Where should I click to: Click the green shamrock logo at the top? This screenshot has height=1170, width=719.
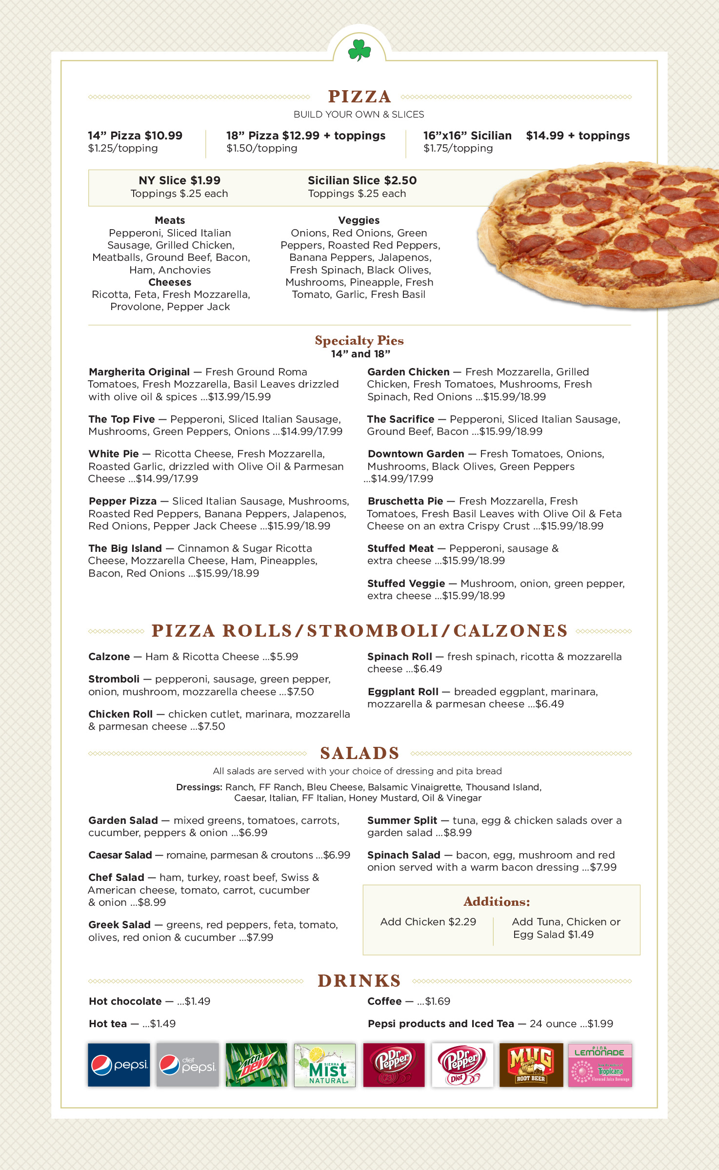[359, 50]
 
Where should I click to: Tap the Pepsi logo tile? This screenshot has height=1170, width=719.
[119, 1065]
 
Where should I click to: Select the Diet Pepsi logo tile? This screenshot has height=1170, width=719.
[187, 1065]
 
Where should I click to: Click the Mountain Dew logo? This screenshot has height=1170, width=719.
[256, 1065]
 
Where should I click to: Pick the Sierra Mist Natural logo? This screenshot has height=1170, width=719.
[325, 1065]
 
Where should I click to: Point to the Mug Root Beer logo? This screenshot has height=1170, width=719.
[531, 1065]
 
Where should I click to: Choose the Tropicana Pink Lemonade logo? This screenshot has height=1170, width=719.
[600, 1065]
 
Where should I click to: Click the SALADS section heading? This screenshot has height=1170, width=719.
[359, 753]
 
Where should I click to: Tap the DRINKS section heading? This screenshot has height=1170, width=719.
[359, 981]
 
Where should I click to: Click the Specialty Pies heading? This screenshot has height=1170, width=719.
[359, 340]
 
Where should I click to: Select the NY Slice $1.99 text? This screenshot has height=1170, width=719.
[180, 180]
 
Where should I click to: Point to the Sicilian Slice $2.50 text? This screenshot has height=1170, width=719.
[362, 180]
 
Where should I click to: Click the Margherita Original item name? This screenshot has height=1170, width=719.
[139, 372]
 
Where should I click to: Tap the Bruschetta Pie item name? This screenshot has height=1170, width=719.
[405, 501]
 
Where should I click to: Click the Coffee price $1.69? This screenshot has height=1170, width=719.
[437, 1001]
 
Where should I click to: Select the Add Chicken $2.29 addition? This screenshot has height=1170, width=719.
[428, 922]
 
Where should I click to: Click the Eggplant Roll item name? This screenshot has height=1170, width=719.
[403, 692]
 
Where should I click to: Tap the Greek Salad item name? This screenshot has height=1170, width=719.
[120, 925]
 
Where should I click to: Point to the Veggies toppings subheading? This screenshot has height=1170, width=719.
[359, 220]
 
